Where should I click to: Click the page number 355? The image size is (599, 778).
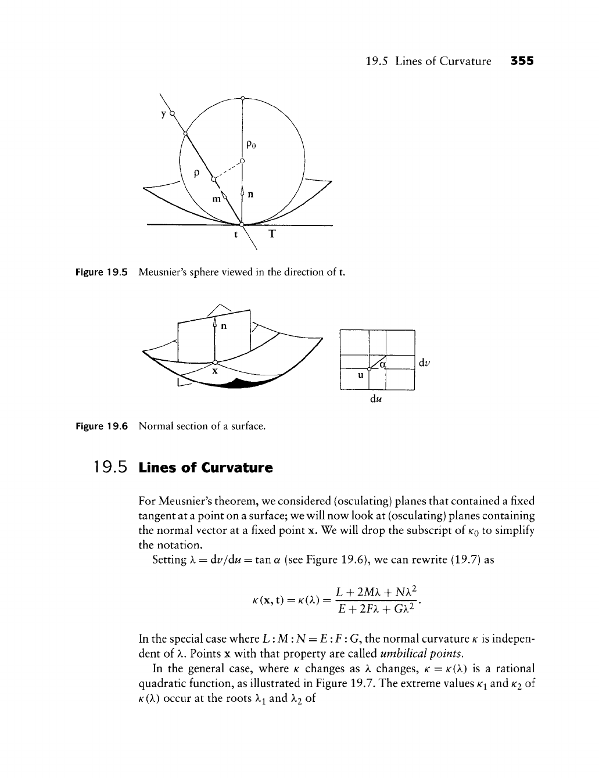[x=522, y=60]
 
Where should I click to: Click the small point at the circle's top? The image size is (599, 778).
[x=242, y=97]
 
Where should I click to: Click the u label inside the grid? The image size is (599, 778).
[x=360, y=375]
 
